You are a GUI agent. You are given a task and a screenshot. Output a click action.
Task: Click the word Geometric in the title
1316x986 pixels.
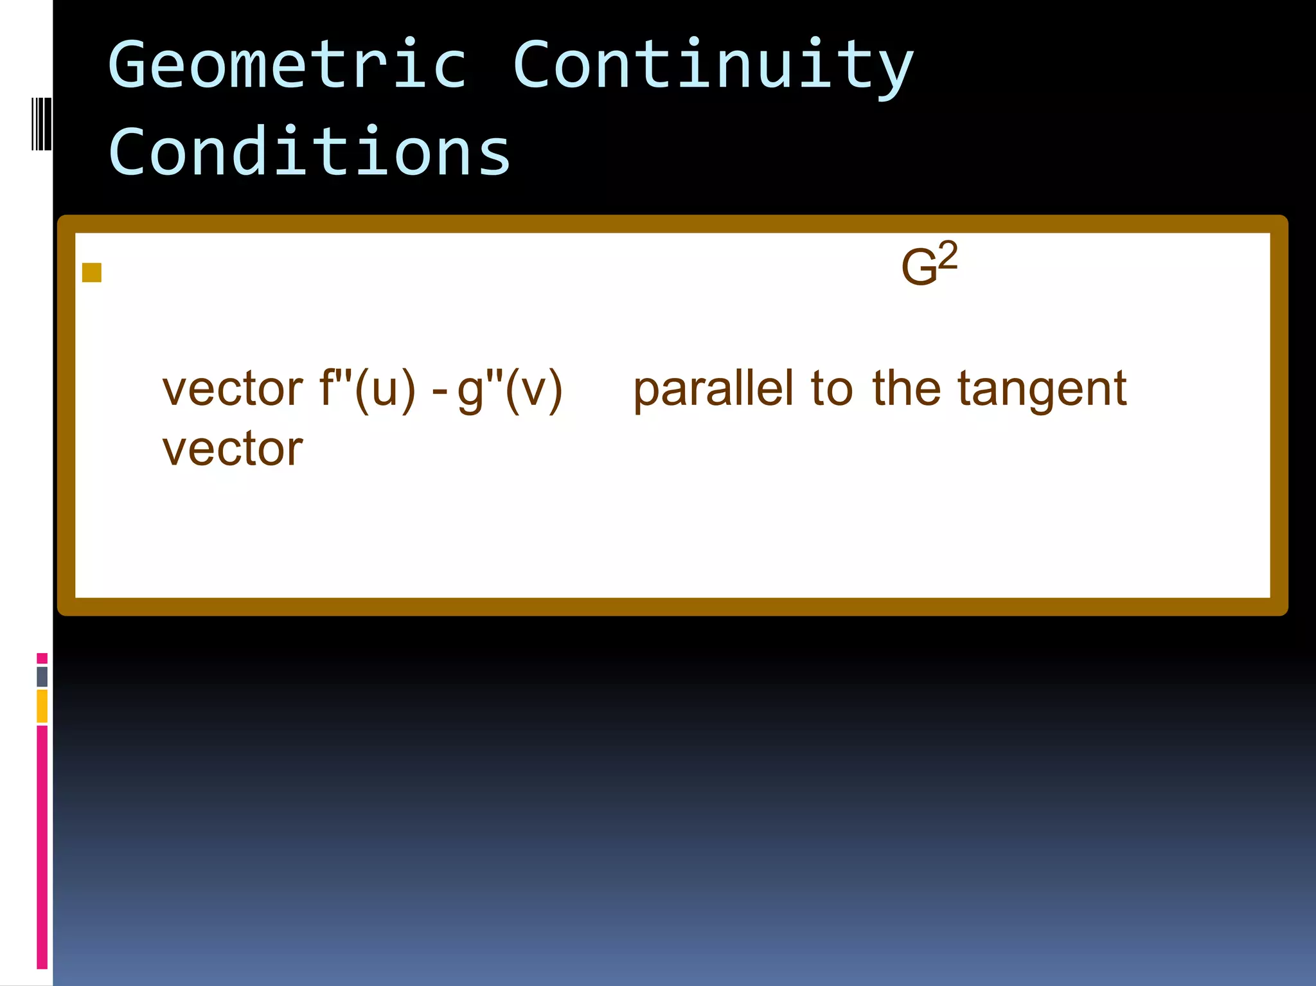(x=287, y=64)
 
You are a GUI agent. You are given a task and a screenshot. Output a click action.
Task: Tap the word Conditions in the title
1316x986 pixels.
(x=309, y=152)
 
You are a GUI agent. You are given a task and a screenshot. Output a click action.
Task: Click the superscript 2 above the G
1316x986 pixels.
(x=947, y=255)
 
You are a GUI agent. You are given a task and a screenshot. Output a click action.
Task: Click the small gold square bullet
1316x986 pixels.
(x=92, y=273)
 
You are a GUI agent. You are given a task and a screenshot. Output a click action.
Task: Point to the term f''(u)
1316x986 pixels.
(x=368, y=390)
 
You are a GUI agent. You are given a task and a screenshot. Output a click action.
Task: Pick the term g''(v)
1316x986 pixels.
(x=510, y=390)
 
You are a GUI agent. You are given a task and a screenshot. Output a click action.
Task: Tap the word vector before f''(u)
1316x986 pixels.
(x=232, y=390)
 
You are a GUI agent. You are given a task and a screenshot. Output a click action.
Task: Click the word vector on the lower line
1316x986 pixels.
(x=232, y=449)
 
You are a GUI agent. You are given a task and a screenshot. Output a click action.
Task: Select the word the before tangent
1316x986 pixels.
(x=906, y=390)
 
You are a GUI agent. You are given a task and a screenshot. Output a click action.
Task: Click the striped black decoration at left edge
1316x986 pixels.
(x=41, y=123)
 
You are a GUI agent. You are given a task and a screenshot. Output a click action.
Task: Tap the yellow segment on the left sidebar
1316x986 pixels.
(x=42, y=706)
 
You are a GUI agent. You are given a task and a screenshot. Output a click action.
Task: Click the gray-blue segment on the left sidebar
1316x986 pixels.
(x=42, y=676)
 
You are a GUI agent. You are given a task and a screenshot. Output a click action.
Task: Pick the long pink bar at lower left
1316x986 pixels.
(x=42, y=846)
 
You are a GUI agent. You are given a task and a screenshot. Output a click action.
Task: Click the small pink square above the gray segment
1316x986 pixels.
(x=42, y=658)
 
